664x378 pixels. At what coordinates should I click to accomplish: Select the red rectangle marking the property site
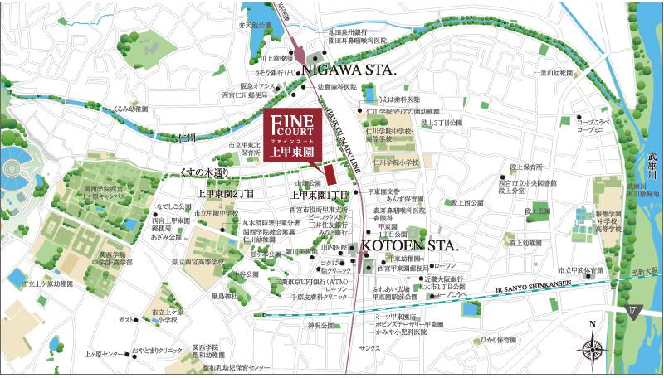pyautogui.click(x=330, y=176)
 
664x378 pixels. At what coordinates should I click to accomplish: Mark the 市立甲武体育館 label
pyautogui.click(x=582, y=269)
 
